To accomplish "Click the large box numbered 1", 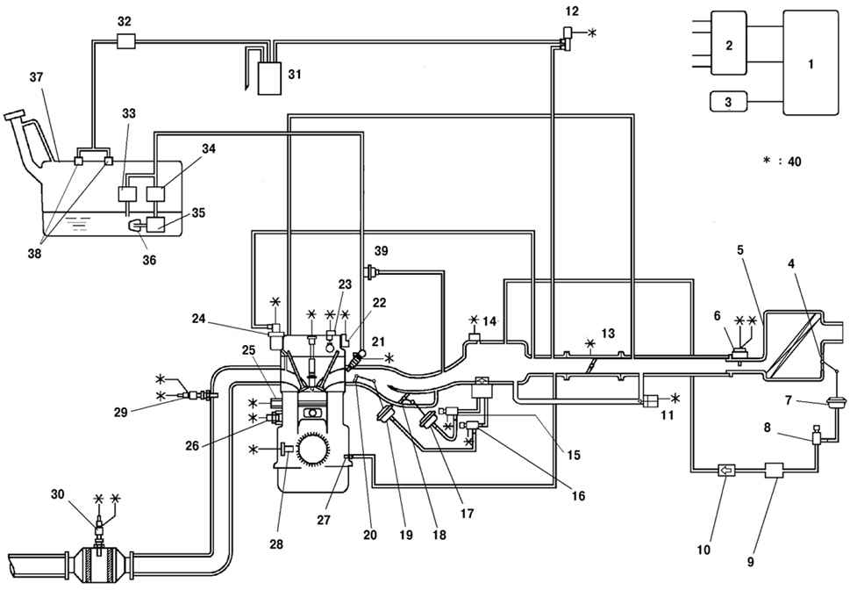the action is point(811,63).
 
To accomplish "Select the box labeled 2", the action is point(729,43).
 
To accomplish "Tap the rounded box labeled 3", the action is point(728,102).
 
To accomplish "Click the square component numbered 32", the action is point(125,40).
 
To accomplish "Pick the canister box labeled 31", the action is point(269,79).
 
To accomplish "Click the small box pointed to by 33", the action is point(127,194).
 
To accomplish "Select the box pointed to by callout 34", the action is point(155,194).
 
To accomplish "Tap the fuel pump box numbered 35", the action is point(155,224).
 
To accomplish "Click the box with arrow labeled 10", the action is point(725,470).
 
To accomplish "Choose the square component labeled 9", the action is point(774,470).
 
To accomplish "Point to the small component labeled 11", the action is point(650,400).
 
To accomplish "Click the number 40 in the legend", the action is point(794,162).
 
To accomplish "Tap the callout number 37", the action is point(36,77).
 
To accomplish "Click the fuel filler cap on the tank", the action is point(14,115).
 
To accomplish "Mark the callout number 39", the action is point(382,251).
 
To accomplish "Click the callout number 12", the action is point(571,11).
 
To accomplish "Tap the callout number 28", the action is point(276,543).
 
